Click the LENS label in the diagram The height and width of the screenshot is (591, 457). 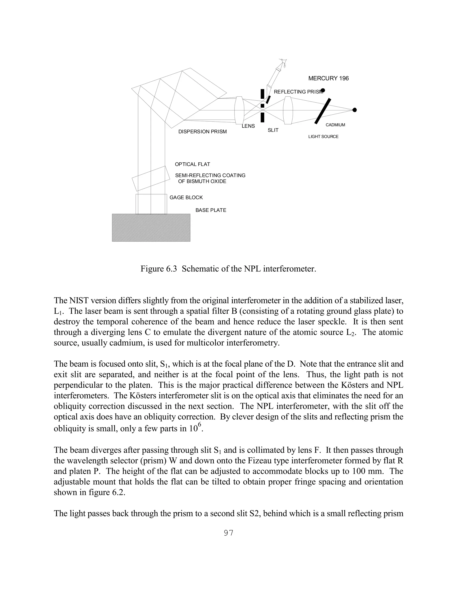click(x=248, y=126)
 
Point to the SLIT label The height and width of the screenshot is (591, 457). click(x=273, y=130)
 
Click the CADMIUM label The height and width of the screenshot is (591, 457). click(x=335, y=125)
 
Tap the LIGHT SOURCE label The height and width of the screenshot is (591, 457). click(x=323, y=137)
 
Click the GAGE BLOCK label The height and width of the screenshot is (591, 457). click(x=186, y=198)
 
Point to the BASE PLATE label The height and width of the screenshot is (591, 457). click(x=211, y=210)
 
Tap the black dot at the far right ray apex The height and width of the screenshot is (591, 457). click(x=355, y=110)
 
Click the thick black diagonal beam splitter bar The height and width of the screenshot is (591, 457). click(x=323, y=111)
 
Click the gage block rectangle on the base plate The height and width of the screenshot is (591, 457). click(x=151, y=204)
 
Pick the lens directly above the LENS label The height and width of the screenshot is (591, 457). click(x=239, y=110)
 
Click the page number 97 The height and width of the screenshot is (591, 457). click(x=228, y=533)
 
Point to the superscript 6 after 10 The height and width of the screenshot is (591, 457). click(x=199, y=425)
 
